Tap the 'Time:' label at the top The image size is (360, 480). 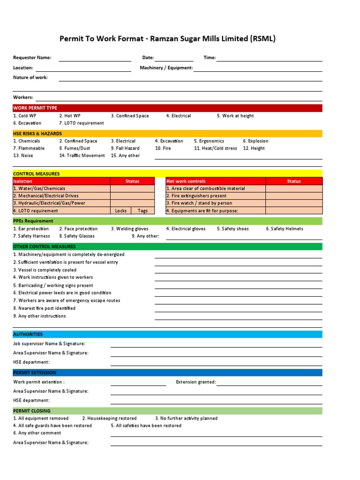[210, 58]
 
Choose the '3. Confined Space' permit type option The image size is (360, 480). [130, 116]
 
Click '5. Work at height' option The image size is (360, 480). [235, 116]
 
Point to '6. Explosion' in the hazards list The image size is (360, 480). [255, 141]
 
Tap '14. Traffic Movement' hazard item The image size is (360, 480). [82, 156]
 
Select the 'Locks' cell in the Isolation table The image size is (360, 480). [121, 211]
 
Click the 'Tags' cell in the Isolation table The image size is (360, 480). [142, 211]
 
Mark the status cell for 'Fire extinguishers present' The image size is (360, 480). [294, 196]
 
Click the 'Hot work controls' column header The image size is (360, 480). [186, 181]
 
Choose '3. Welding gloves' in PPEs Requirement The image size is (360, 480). [130, 229]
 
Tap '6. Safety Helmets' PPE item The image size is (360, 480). [285, 229]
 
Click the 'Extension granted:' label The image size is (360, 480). [195, 382]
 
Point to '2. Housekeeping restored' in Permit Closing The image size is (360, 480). [109, 418]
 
